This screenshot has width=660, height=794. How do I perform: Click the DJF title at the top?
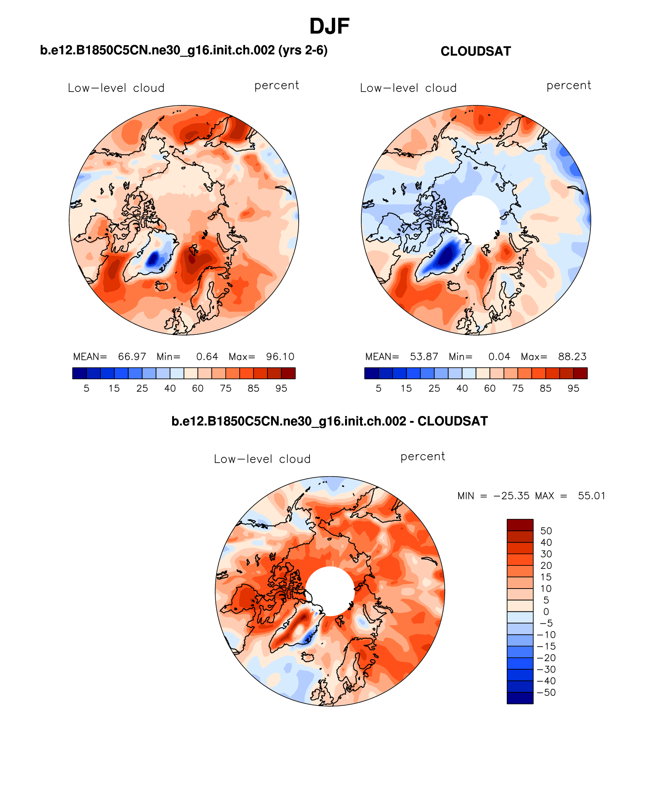[x=329, y=26]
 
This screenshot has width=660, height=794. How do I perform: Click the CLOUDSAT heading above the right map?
[x=476, y=51]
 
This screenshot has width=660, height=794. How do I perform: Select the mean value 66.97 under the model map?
[x=132, y=356]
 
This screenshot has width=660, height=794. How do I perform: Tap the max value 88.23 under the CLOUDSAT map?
[x=572, y=356]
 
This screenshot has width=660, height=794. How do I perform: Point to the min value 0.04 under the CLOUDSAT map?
[x=499, y=356]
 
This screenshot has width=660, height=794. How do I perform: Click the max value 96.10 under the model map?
[x=280, y=356]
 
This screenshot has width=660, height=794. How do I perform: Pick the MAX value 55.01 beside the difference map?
[x=591, y=496]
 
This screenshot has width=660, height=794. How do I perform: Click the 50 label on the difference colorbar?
[x=546, y=531]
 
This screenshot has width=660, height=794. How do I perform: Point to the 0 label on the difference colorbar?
[x=546, y=612]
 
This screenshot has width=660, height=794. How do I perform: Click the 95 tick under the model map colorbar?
[x=281, y=389]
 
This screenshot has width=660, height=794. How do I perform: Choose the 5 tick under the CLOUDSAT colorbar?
[x=379, y=389]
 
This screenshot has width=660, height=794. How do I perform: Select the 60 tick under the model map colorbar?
[x=198, y=389]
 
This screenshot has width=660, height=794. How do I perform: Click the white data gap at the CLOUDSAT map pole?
[x=476, y=219]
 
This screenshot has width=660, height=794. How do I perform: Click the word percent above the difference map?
[x=423, y=456]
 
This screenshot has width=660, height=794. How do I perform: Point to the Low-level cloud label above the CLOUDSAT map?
[x=408, y=88]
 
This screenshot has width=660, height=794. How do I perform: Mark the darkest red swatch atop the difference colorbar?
[x=520, y=525]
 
